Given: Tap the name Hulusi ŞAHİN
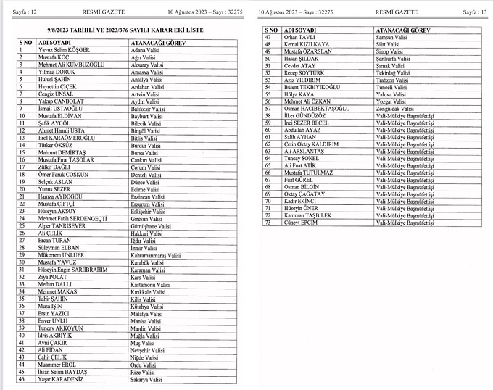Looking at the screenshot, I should (x=56, y=79).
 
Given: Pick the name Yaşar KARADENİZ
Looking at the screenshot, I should (x=61, y=378).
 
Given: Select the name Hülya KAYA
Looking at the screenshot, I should (x=299, y=94).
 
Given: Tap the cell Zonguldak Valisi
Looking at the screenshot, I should (x=397, y=108).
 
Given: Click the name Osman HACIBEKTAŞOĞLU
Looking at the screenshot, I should (x=317, y=108).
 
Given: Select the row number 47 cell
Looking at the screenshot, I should (x=268, y=37).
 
